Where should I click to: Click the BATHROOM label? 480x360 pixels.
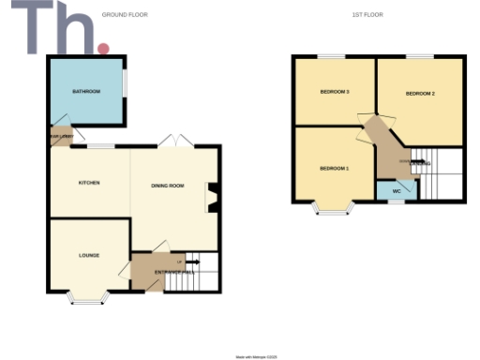87,91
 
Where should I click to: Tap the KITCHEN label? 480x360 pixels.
89,182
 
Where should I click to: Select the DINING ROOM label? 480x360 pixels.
168,186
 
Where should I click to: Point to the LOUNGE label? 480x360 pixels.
89,255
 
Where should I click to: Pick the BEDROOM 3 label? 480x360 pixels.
335,92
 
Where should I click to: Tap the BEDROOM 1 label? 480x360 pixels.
334,169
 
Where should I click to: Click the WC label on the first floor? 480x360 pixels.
397,191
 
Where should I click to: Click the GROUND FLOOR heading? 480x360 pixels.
128,15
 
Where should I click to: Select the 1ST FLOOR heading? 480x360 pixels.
367,15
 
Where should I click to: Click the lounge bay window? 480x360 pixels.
89,299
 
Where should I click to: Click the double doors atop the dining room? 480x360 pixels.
175,141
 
